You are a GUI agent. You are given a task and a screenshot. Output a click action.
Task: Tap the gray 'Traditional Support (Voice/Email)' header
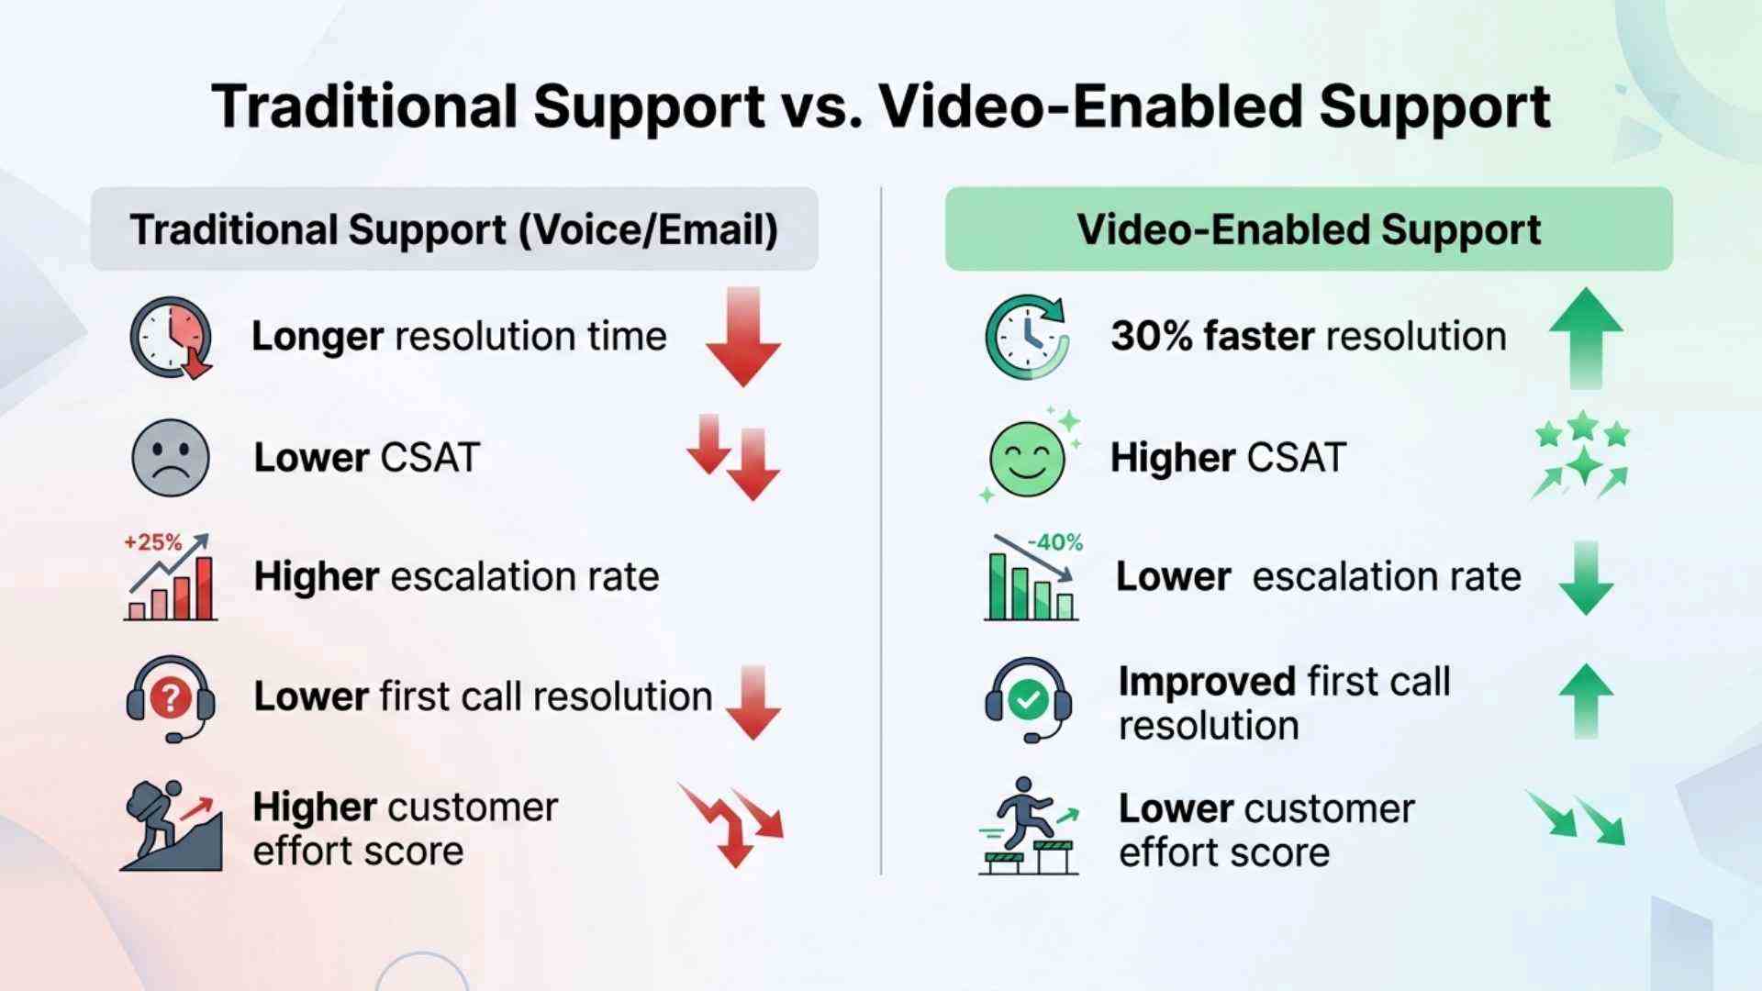(x=454, y=229)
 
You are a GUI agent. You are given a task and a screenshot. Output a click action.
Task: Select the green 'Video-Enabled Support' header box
(x=1309, y=229)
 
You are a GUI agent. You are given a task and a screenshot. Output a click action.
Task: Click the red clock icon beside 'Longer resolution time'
(x=171, y=337)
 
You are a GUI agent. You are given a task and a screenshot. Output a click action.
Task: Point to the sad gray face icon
(x=171, y=458)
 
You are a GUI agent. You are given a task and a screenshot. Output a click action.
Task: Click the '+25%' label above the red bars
(x=152, y=542)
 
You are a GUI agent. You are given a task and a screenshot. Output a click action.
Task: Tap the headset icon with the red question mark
(x=171, y=699)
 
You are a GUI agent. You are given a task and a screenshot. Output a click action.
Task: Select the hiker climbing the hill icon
(x=171, y=826)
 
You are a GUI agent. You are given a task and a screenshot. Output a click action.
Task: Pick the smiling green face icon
(x=1028, y=458)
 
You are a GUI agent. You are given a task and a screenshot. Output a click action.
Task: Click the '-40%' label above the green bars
(x=1055, y=542)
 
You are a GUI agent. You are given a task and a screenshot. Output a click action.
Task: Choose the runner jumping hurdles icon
(x=1028, y=826)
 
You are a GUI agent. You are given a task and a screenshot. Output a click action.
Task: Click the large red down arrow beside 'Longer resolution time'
(x=743, y=337)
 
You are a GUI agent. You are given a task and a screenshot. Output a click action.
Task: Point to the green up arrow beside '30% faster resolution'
(x=1585, y=337)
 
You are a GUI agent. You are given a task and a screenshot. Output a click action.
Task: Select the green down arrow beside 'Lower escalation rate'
(x=1585, y=578)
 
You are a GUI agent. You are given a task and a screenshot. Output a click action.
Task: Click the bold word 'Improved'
(x=1207, y=682)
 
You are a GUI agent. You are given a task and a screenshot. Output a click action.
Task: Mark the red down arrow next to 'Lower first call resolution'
(x=753, y=702)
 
